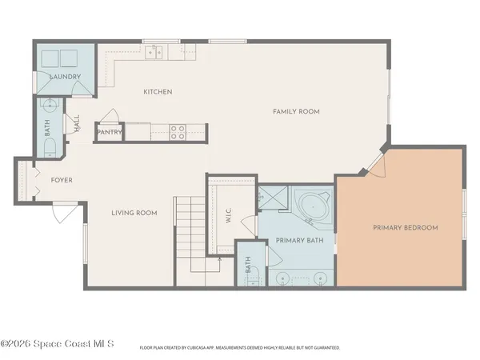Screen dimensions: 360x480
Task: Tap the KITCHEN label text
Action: click(x=158, y=92)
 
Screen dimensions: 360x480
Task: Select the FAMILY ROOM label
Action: click(x=296, y=111)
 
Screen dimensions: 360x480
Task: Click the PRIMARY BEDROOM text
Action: click(x=406, y=228)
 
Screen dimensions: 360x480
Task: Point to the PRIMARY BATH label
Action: click(x=298, y=240)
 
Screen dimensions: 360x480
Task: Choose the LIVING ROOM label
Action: click(x=134, y=213)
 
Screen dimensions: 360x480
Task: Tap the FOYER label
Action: click(x=62, y=180)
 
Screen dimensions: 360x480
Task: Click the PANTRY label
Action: click(x=109, y=132)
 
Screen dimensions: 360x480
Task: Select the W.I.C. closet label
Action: click(x=229, y=216)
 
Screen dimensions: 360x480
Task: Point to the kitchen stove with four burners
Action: click(x=178, y=132)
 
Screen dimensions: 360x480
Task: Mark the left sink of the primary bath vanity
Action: click(x=285, y=278)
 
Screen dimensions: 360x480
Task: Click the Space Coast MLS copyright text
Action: click(x=58, y=345)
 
